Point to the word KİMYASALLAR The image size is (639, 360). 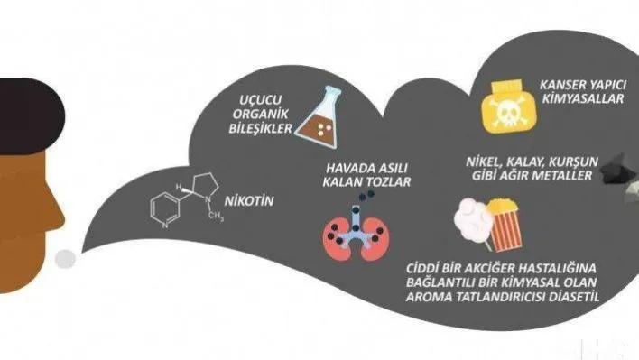pyautogui.click(x=580, y=100)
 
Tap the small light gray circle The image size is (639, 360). pyautogui.click(x=65, y=260)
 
